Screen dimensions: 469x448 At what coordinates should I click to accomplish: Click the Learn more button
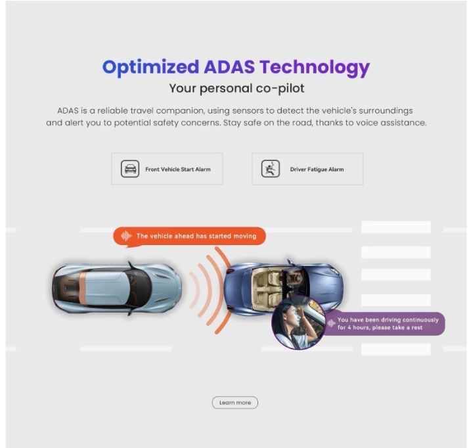[x=234, y=403]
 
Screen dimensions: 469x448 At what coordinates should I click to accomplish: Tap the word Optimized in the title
[x=151, y=68]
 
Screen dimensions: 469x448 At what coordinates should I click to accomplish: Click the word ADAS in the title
[x=229, y=67]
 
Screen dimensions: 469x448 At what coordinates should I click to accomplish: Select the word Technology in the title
[x=315, y=68]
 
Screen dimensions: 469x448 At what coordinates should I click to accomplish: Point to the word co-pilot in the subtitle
[x=280, y=89]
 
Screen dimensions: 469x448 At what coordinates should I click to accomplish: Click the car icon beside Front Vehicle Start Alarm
[x=130, y=169]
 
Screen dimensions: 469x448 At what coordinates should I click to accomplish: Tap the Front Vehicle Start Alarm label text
[x=178, y=169]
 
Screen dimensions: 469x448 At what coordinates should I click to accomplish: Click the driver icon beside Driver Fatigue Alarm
[x=271, y=169]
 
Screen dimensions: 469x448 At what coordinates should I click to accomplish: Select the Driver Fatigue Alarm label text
[x=317, y=169]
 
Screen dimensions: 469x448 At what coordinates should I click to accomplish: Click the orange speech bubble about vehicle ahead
[x=189, y=236]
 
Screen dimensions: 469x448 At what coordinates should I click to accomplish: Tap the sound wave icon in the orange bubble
[x=126, y=236]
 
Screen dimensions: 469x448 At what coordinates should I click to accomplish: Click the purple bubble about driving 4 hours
[x=384, y=324]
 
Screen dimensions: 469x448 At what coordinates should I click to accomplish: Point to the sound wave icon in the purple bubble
[x=331, y=323]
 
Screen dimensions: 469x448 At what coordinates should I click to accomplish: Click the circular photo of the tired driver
[x=298, y=323]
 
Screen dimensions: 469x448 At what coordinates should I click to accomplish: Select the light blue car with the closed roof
[x=117, y=288]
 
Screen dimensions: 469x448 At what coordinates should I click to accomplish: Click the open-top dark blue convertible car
[x=284, y=288]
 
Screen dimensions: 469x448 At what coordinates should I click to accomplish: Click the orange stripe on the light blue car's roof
[x=83, y=288]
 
